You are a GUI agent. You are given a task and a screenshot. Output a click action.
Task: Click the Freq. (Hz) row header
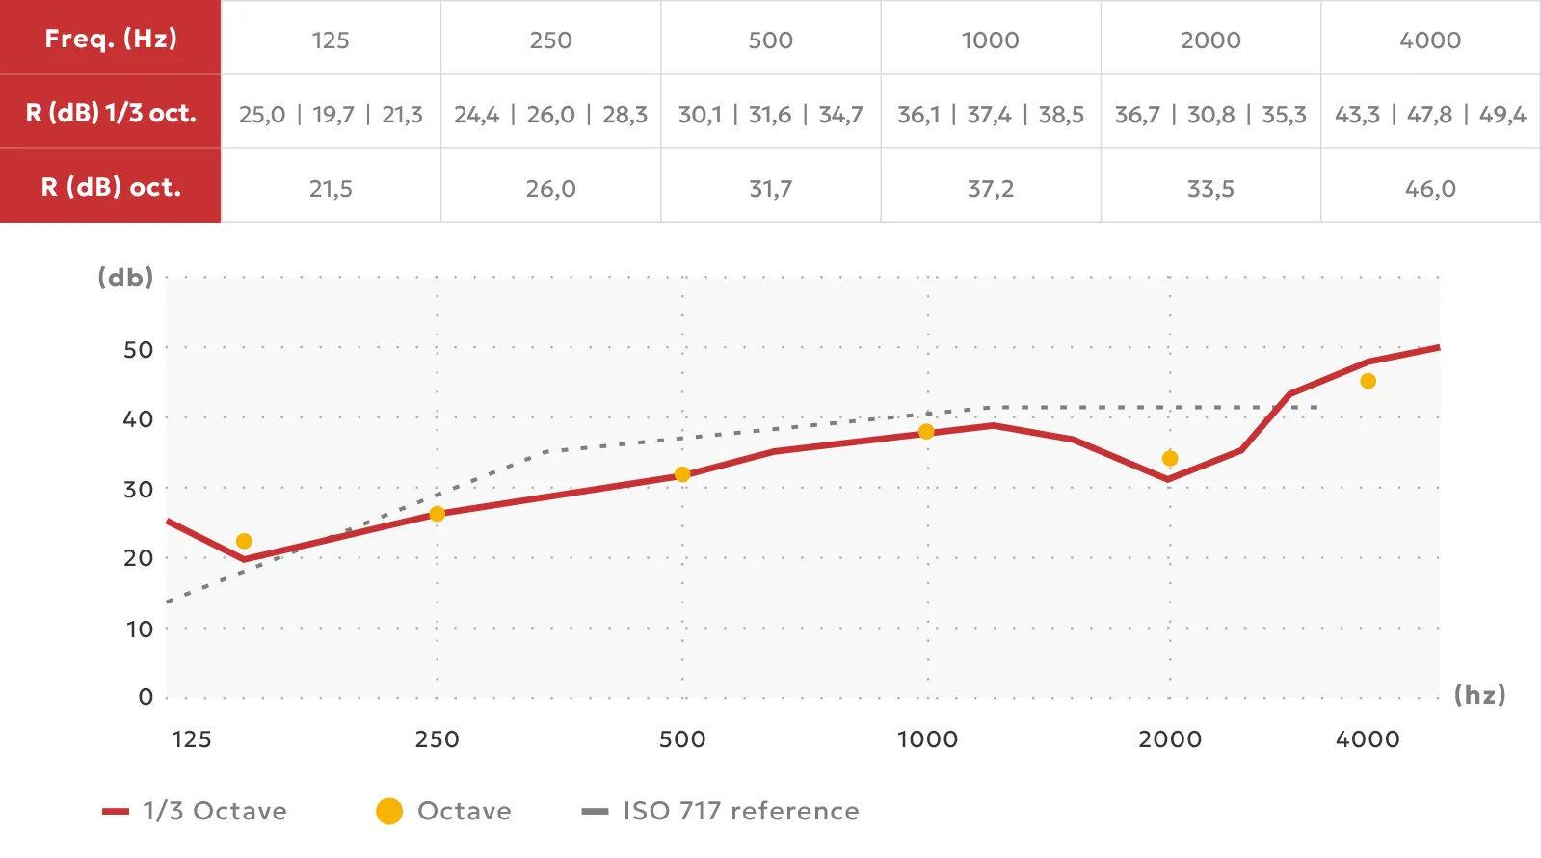[111, 39]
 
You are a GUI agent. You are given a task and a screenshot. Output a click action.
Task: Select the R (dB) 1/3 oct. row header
[111, 113]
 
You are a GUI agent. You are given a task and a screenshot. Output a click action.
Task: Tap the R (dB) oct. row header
[111, 187]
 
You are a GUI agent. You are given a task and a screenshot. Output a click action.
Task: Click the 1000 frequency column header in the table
[990, 40]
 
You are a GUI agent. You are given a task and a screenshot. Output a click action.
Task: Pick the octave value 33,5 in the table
[1210, 189]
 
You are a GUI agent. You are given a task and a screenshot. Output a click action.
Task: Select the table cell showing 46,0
[1430, 189]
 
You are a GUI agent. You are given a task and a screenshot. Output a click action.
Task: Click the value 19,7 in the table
[332, 115]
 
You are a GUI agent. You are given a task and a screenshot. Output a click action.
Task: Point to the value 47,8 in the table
[1429, 115]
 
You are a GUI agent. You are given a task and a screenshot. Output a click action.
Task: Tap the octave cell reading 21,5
[331, 189]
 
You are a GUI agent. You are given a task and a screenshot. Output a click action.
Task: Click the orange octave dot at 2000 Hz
[1170, 459]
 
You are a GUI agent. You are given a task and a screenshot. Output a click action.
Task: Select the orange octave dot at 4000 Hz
[1368, 382]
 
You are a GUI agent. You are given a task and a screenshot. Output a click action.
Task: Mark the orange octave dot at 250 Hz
[437, 514]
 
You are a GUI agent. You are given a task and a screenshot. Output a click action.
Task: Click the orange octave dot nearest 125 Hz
[244, 542]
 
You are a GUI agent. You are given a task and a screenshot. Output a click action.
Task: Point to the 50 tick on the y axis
[139, 349]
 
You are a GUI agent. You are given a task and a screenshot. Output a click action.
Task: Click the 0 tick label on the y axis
[146, 697]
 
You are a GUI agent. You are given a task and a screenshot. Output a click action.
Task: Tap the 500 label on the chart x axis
[682, 739]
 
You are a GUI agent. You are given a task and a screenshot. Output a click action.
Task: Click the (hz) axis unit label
[1479, 695]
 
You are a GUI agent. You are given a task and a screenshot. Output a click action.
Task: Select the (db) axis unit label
[125, 278]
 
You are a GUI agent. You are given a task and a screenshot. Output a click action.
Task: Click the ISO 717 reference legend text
[740, 811]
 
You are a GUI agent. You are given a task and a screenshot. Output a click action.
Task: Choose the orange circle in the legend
[389, 811]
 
